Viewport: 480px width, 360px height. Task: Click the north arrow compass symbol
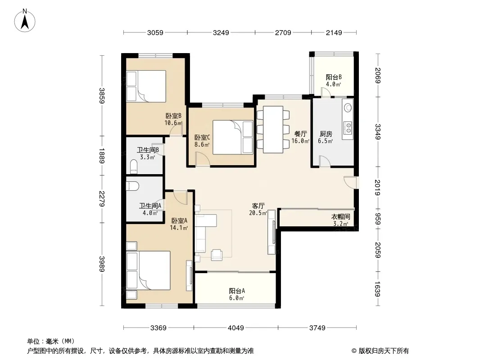click(x=25, y=20)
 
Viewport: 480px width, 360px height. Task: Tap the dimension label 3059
click(x=155, y=32)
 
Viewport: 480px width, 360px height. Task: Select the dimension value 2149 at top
click(x=334, y=32)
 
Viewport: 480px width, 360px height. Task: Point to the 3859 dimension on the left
click(x=102, y=96)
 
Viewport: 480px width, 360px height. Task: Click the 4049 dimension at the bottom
click(x=235, y=328)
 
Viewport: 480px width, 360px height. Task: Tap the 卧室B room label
click(x=173, y=116)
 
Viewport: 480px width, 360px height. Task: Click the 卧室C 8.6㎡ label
click(x=202, y=141)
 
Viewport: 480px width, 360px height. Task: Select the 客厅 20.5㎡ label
click(x=258, y=209)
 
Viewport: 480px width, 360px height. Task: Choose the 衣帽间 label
click(x=340, y=216)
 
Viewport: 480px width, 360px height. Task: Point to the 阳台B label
click(x=333, y=77)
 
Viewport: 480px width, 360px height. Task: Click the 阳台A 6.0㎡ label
click(x=237, y=294)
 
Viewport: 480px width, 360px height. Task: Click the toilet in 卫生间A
click(x=133, y=186)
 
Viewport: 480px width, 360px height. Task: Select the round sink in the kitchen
click(x=348, y=108)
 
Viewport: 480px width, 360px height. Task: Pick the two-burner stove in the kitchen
click(x=348, y=128)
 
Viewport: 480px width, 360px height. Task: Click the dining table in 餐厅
click(x=273, y=130)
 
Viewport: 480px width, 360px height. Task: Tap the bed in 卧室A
click(x=149, y=270)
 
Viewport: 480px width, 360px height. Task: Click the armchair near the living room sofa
click(x=217, y=255)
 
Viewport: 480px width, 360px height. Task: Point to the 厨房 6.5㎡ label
click(x=326, y=137)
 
